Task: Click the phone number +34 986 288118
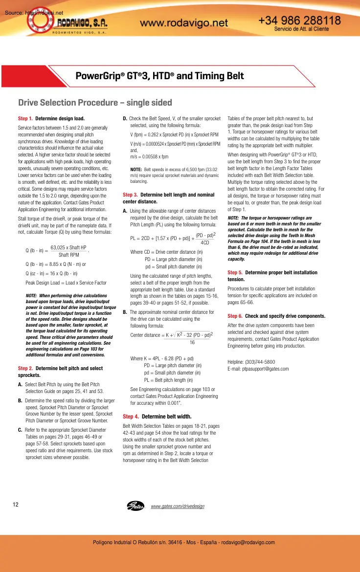pyautogui.click(x=299, y=21)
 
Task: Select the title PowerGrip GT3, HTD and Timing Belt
pyautogui.click(x=159, y=76)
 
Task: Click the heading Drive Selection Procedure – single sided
pyautogui.click(x=95, y=103)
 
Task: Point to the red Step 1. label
pyautogui.click(x=25, y=118)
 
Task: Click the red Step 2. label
pyautogui.click(x=25, y=368)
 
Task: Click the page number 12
pyautogui.click(x=16, y=505)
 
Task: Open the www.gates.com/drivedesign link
pyautogui.click(x=178, y=506)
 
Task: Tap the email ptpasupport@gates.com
pyautogui.click(x=258, y=369)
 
